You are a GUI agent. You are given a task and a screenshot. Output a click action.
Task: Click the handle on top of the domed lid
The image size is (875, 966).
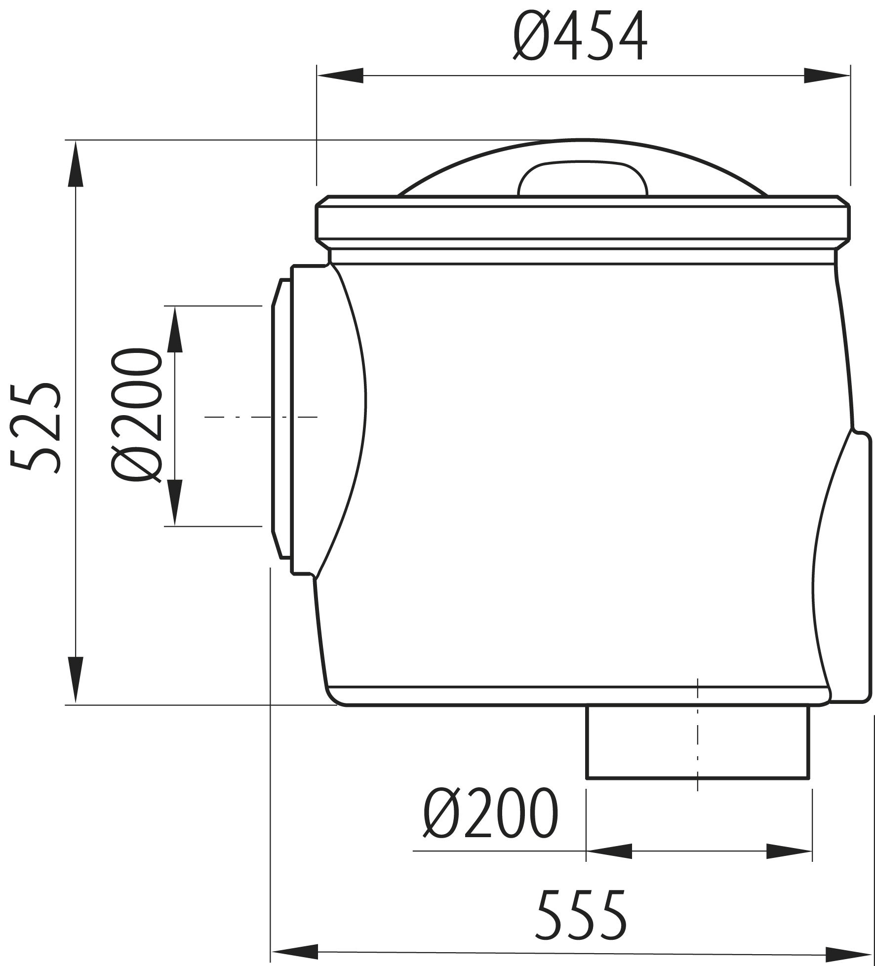[x=582, y=178]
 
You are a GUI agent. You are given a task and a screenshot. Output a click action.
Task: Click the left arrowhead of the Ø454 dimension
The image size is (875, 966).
[x=340, y=76]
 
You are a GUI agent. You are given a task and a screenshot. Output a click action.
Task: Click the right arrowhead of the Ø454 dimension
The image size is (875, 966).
[x=827, y=76]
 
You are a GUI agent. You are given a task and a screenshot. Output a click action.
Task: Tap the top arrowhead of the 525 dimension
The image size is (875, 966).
[x=75, y=163]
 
